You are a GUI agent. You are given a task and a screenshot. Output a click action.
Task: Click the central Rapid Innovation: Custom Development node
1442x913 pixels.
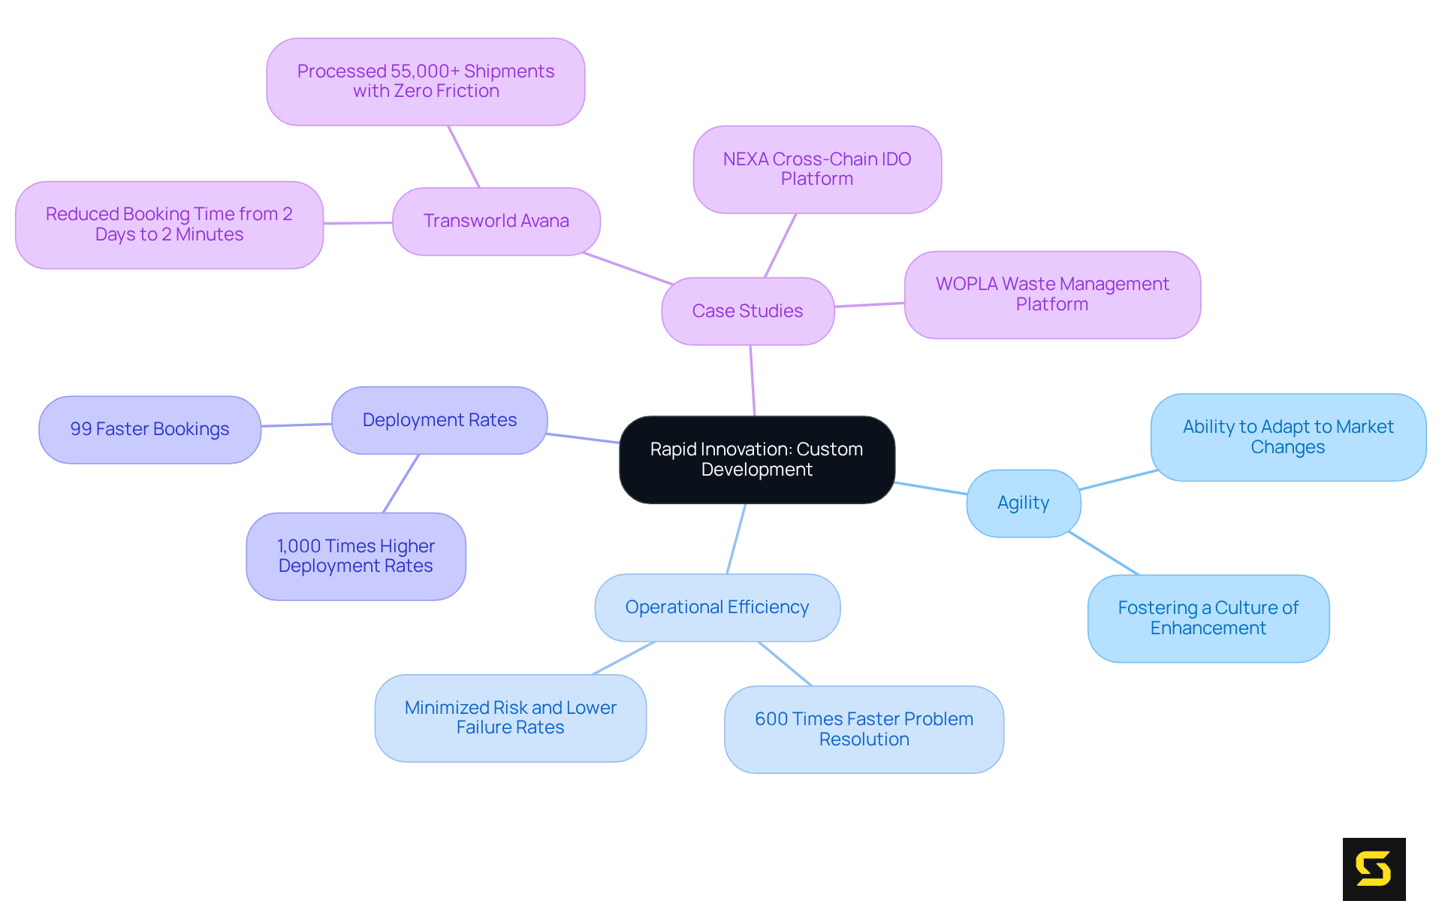[756, 459]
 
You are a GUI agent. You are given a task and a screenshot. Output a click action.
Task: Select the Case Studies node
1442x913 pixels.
[747, 311]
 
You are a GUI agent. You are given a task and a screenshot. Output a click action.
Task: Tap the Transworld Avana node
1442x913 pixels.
[496, 221]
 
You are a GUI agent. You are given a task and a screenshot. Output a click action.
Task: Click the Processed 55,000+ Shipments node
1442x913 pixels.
[425, 81]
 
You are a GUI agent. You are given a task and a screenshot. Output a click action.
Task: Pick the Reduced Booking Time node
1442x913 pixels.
[169, 224]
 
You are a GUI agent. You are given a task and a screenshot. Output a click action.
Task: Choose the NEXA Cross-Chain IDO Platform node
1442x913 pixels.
[816, 169]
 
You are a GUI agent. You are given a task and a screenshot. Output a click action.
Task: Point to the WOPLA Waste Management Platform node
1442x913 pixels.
[1051, 294]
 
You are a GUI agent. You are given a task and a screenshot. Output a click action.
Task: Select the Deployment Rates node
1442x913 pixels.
[439, 420]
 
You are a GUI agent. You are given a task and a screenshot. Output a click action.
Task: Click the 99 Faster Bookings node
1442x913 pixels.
[149, 429]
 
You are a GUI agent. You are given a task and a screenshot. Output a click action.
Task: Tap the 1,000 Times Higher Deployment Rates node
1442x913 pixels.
[355, 556]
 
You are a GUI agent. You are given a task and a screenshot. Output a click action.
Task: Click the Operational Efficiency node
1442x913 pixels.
[716, 607]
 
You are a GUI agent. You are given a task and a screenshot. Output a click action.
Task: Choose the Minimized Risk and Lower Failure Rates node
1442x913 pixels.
[510, 718]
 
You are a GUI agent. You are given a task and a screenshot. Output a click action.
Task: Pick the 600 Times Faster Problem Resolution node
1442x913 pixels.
[864, 729]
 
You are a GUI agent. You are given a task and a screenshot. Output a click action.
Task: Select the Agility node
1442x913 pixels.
[1023, 503]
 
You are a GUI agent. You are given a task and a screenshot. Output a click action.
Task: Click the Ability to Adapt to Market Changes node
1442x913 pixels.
[1287, 437]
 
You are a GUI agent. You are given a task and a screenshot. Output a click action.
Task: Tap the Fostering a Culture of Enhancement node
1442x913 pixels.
[1208, 618]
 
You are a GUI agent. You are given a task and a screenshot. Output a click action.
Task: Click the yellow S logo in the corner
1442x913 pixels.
[1373, 869]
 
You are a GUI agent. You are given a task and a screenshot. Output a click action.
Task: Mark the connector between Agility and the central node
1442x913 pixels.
[931, 488]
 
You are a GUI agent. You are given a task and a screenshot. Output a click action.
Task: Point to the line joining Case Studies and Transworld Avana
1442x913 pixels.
[628, 269]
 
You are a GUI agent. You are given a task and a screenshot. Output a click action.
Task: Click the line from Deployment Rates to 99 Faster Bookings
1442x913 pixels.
[297, 425]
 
